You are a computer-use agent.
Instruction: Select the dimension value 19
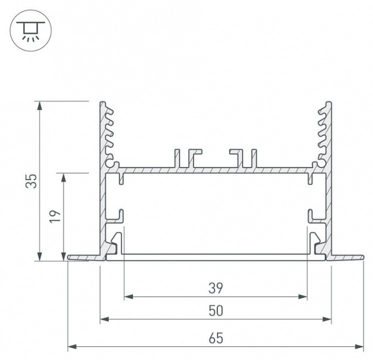(57, 215)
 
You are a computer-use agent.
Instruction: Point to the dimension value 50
(215, 310)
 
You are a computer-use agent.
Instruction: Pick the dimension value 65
(215, 338)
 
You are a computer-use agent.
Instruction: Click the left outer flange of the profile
(83, 257)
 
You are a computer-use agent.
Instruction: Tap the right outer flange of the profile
(347, 257)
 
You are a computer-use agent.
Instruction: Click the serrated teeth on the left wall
(109, 133)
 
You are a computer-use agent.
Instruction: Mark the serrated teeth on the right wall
(322, 133)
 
